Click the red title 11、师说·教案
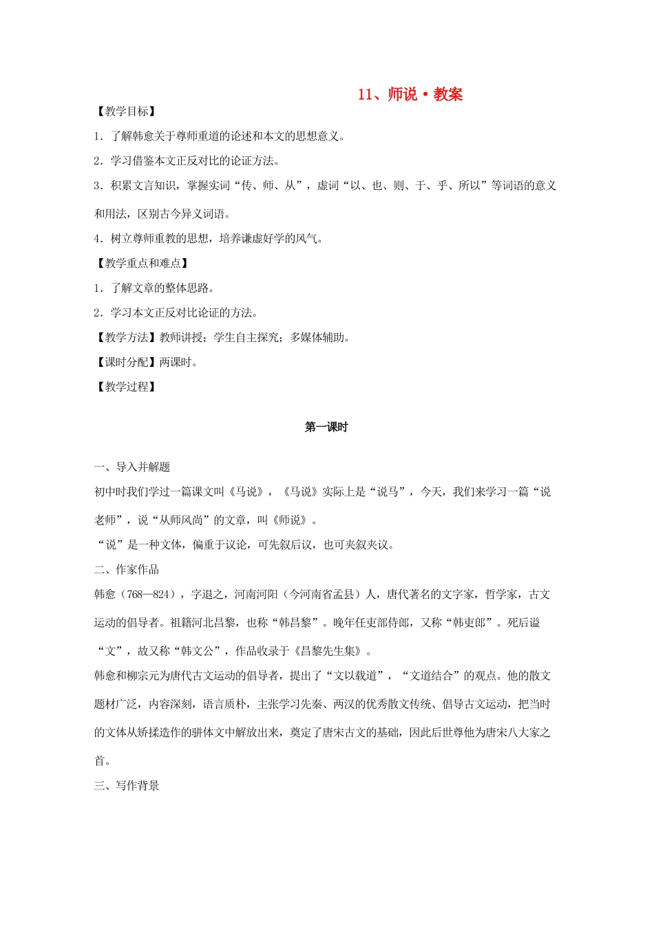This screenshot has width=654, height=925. [410, 95]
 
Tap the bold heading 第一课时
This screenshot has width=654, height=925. [326, 427]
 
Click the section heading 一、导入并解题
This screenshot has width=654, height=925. [132, 467]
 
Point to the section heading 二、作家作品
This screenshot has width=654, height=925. [127, 570]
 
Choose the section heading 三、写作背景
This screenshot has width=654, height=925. [127, 786]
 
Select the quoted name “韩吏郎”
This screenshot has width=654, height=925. [471, 623]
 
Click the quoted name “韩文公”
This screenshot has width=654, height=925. [198, 651]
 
